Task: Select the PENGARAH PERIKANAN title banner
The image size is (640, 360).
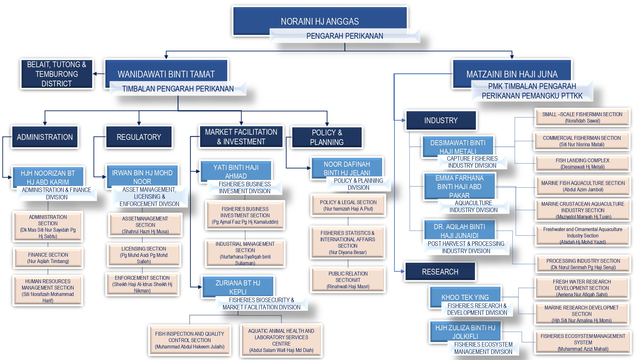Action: [x=344, y=36]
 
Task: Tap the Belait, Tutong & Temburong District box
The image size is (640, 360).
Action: [x=57, y=74]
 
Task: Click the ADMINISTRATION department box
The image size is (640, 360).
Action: [x=45, y=137]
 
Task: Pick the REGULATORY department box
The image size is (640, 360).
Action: [x=139, y=137]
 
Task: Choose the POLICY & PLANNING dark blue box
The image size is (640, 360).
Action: [x=327, y=137]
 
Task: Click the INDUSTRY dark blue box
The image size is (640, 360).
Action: [x=441, y=120]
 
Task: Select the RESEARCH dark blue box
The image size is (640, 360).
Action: [x=440, y=272]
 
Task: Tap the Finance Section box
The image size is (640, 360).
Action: [x=48, y=258]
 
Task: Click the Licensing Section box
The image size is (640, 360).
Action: [x=144, y=255]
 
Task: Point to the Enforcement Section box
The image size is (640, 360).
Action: [x=142, y=284]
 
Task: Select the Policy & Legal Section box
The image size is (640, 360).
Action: [x=348, y=205]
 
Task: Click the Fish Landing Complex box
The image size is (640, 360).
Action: [x=582, y=164]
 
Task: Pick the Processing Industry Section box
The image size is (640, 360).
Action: [x=583, y=264]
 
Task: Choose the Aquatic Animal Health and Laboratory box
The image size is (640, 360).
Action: [x=281, y=340]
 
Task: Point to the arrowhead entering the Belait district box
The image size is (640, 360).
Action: [x=95, y=74]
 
